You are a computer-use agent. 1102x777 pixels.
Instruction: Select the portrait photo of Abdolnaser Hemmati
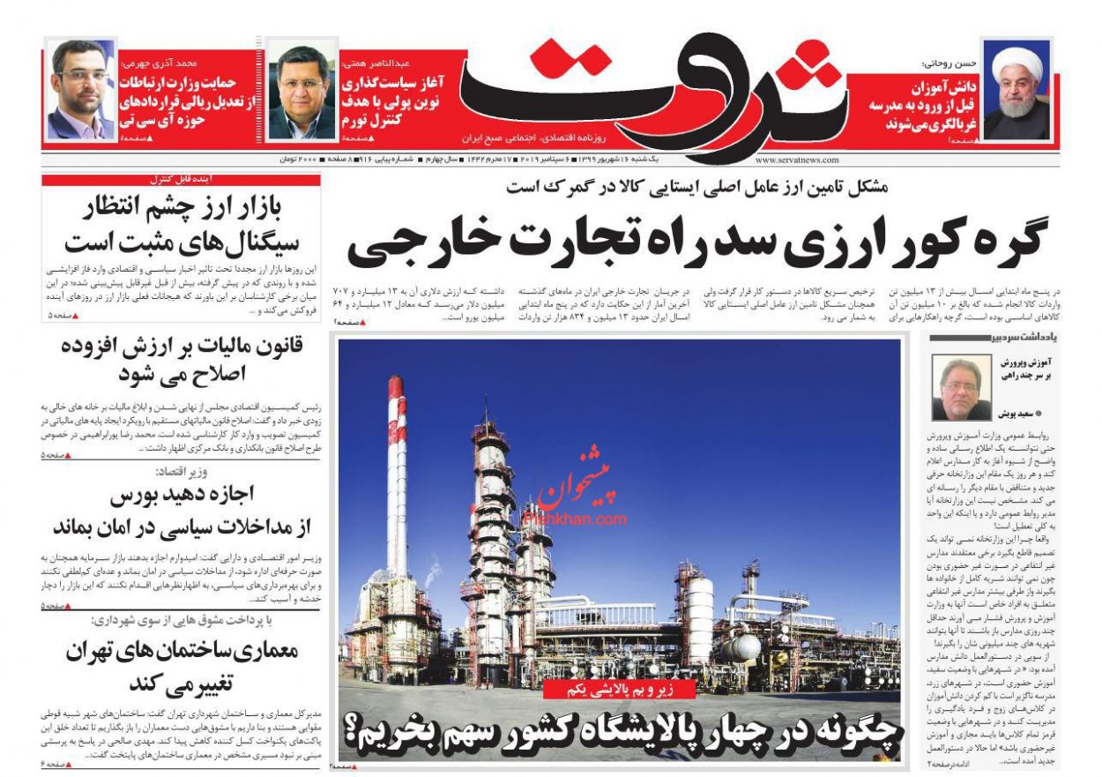[301, 92]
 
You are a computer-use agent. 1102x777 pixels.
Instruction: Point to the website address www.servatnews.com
[796, 161]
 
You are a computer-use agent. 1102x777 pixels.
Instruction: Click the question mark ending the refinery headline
[355, 728]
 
